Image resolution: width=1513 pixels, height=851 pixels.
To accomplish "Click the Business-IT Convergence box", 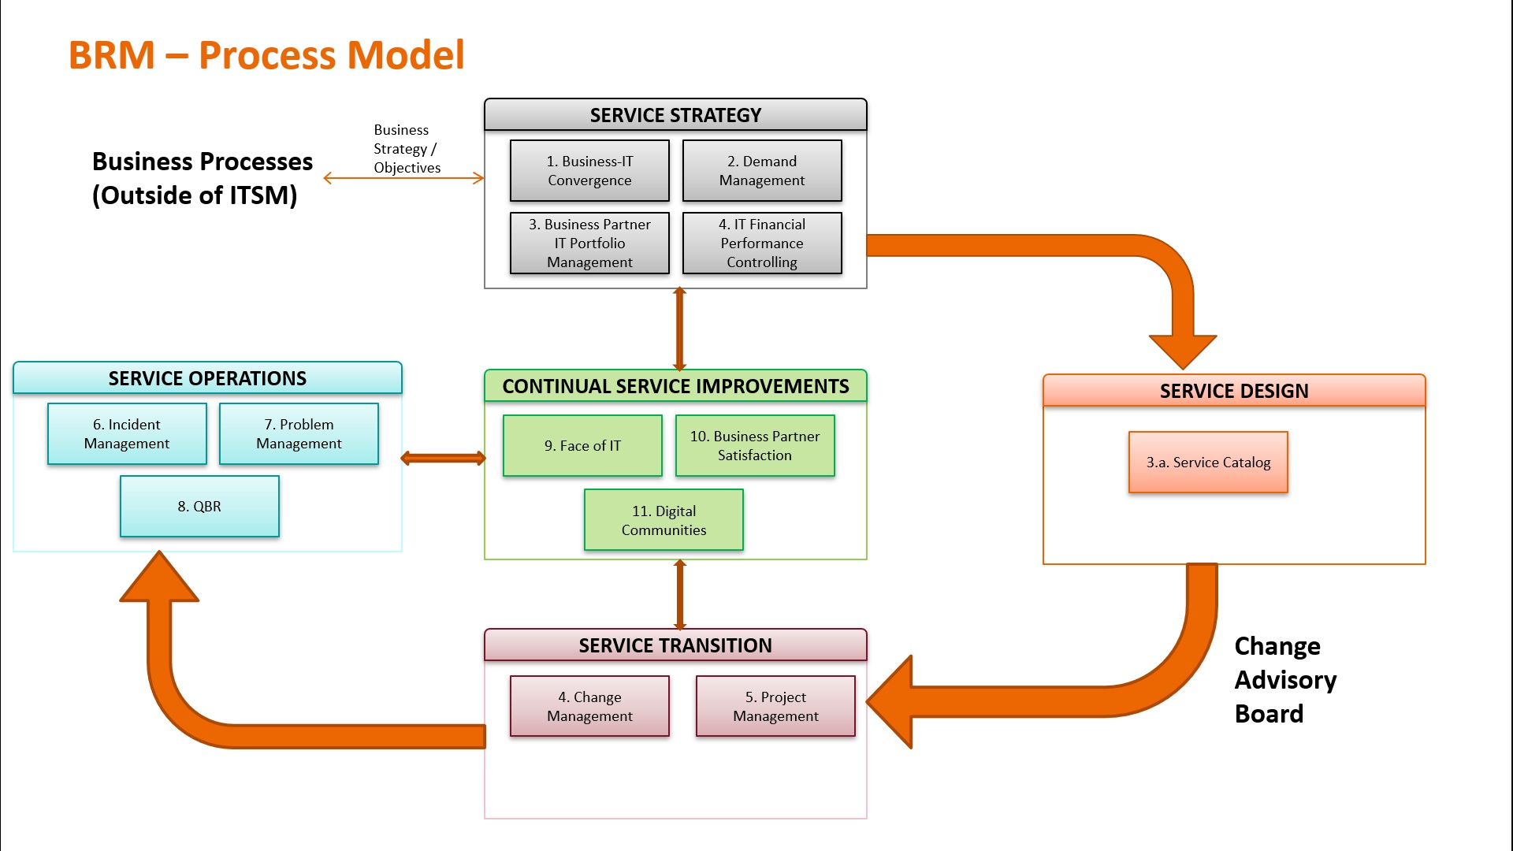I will pos(589,171).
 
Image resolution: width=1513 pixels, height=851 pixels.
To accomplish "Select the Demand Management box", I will pos(762,171).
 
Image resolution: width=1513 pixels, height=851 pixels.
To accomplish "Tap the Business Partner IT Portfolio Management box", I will pos(589,243).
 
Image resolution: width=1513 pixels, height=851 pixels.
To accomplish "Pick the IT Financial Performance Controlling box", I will pos(762,243).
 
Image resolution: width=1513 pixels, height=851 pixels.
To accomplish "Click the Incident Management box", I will pos(127,434).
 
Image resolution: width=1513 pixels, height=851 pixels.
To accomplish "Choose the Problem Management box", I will pos(299,434).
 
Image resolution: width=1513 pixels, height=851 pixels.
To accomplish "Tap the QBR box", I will pos(199,507).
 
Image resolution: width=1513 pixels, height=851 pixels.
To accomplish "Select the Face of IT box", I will pos(582,446).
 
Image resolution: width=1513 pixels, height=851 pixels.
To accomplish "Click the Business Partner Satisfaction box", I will pos(755,446).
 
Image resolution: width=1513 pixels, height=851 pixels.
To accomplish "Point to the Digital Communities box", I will pos(664,520).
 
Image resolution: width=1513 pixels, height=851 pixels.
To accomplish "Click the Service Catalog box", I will pos(1208,463).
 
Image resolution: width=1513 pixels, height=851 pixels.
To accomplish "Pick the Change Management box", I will pos(589,707).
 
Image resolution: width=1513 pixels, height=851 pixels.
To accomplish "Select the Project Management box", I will pos(775,707).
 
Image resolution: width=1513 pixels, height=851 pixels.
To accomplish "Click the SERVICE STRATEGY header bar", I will pos(675,115).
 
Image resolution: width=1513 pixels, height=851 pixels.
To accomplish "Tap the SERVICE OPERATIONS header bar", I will pos(207,378).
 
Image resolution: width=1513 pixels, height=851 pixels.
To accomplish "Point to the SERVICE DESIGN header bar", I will pos(1234,391).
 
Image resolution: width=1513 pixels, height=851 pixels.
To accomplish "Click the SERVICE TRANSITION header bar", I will pos(675,645).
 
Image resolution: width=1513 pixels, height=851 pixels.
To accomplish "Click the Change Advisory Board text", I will pos(1284,679).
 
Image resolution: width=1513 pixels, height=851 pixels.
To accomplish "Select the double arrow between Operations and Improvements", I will pos(443,459).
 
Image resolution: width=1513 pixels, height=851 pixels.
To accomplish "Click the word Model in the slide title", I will pos(405,55).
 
